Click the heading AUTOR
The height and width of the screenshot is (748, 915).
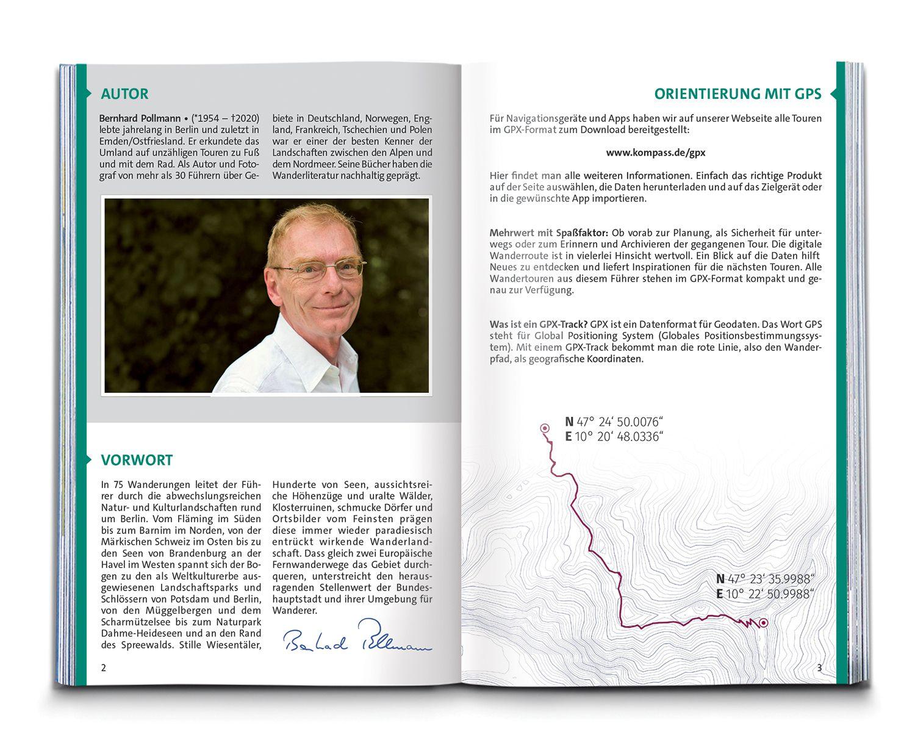124,94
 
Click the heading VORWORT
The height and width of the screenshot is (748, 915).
137,460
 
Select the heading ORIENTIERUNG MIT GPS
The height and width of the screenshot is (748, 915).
737,94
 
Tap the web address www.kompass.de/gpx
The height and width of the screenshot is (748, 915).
655,153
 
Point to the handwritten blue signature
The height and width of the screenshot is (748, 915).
357,637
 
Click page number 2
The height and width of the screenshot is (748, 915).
104,668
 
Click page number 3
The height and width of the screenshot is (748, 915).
819,668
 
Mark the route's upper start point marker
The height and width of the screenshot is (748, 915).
545,428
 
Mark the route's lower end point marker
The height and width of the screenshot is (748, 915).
763,622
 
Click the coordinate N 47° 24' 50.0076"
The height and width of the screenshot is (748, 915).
614,422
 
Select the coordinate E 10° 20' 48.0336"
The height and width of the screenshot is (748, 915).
614,437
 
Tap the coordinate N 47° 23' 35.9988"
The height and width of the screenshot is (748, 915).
766,579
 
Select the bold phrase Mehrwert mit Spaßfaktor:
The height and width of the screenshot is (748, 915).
548,233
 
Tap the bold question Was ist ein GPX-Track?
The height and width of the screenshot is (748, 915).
538,324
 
